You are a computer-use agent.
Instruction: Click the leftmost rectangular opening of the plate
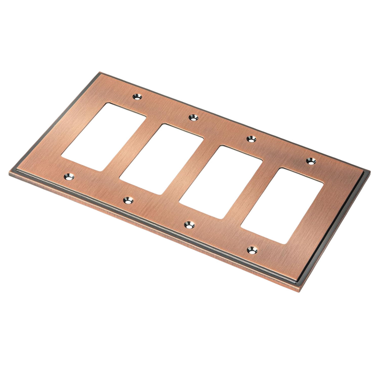pos(104,137)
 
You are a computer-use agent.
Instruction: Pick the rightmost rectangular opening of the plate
pos(282,206)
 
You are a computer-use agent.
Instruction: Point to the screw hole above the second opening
pos(193,117)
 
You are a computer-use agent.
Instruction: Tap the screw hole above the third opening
pos(251,138)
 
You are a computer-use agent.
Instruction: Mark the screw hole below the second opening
pos(128,200)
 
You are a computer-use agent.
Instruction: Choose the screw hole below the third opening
pos(189,224)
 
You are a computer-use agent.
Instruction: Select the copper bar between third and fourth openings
pos(252,193)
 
